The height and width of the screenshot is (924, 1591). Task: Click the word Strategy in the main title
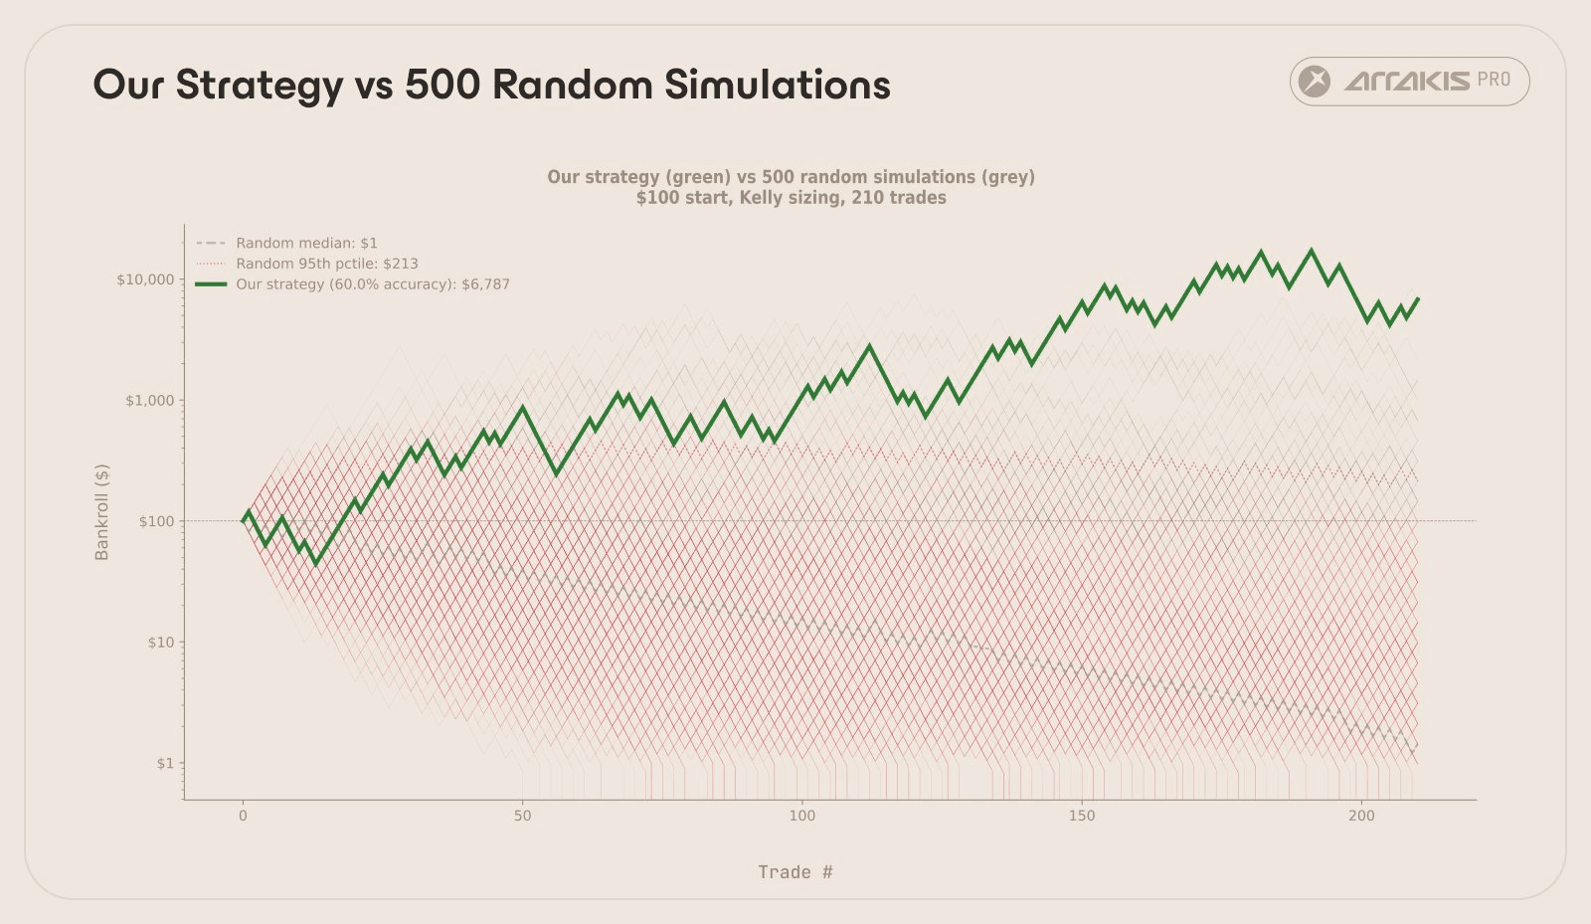(259, 86)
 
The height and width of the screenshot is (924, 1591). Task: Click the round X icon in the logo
(1315, 82)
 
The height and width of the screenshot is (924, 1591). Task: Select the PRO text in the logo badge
(1494, 80)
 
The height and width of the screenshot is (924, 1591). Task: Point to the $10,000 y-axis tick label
(144, 279)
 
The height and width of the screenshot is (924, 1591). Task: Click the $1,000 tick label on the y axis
(149, 401)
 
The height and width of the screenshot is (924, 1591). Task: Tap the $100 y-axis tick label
(155, 521)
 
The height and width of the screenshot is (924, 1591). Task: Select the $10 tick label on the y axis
(160, 643)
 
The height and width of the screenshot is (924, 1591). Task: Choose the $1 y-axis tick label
(164, 764)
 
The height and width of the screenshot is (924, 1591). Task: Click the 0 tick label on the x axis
(243, 816)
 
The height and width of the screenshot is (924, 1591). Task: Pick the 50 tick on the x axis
(522, 816)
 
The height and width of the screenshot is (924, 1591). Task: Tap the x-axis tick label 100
(801, 816)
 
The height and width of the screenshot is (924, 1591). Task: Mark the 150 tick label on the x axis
(1082, 816)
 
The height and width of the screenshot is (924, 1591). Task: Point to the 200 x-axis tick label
(1361, 816)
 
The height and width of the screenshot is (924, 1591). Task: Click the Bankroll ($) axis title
(101, 512)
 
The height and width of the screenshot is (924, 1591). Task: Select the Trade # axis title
(795, 872)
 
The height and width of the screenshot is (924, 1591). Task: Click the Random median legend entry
(306, 243)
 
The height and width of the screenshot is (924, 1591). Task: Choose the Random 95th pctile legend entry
(326, 264)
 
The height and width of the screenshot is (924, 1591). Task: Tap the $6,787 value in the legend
(485, 284)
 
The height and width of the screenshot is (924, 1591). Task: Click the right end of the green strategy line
(1418, 298)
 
